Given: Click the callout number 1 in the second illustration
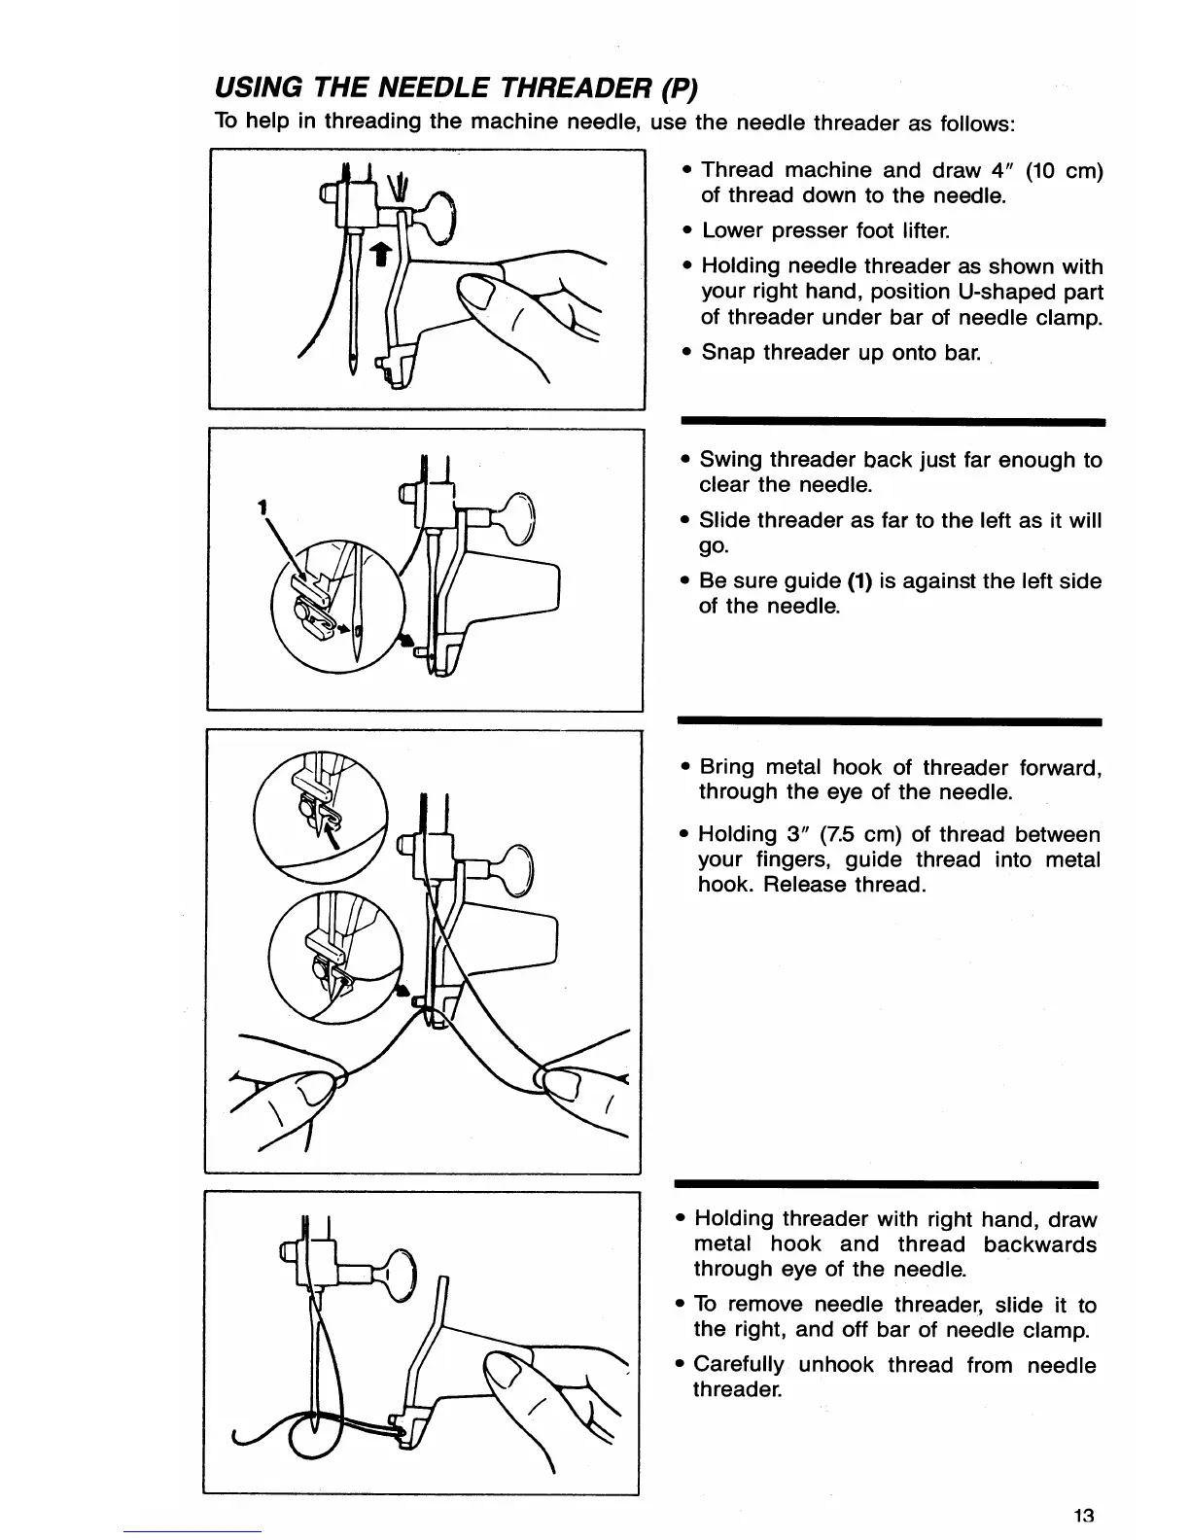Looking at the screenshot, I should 262,506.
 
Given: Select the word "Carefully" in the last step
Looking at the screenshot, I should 739,1365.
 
